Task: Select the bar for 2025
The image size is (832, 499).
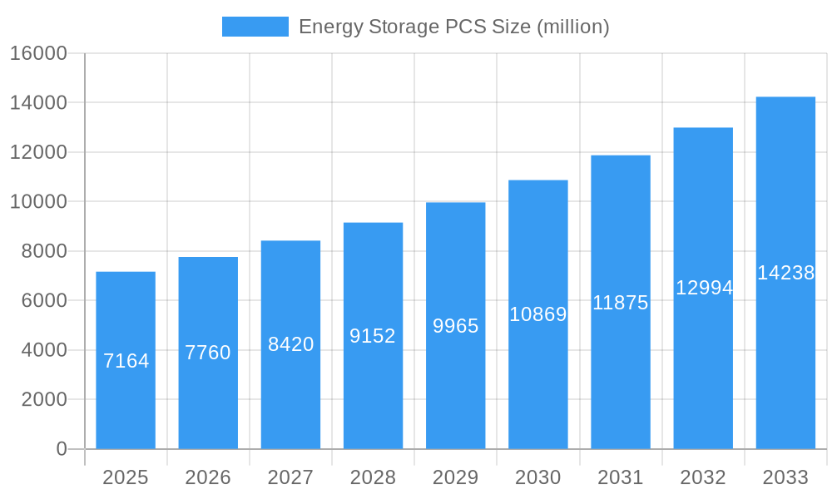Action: pos(126,360)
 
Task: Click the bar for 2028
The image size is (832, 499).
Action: pos(373,335)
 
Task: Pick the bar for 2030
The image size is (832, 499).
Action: pos(538,314)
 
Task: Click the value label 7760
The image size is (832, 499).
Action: pos(208,353)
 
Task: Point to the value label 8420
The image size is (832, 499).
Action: pos(290,344)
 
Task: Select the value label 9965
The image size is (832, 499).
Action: pos(456,326)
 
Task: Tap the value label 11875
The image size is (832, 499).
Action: pos(621,303)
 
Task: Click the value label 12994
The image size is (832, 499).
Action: pos(704,288)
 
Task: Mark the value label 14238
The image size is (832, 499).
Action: pos(785,273)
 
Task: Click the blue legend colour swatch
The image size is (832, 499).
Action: pos(255,27)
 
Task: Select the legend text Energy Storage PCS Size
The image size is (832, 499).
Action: pos(453,27)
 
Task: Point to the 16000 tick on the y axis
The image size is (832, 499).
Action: pos(37,53)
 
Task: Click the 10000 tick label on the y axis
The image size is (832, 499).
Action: pos(37,202)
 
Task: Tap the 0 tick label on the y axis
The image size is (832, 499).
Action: pos(61,449)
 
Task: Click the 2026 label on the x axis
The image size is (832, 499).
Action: pos(208,477)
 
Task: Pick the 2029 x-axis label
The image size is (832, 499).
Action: pos(456,477)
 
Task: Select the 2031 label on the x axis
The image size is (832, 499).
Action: pos(621,477)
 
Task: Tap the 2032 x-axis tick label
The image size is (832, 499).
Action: pos(703,477)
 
